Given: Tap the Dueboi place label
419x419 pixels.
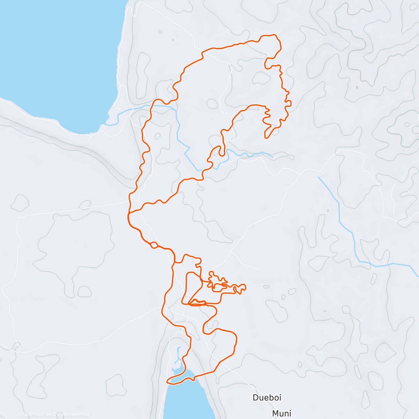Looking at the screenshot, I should [x=267, y=397].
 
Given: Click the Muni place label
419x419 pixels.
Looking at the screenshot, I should [x=281, y=413].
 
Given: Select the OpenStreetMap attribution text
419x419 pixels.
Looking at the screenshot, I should [x=73, y=414].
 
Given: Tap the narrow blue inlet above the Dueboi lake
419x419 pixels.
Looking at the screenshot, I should [x=178, y=356].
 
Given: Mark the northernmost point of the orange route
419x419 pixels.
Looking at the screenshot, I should [x=269, y=35].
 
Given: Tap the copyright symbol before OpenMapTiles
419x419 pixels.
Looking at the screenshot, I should [x=19, y=414].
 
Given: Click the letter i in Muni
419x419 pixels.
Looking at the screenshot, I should [x=290, y=413].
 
